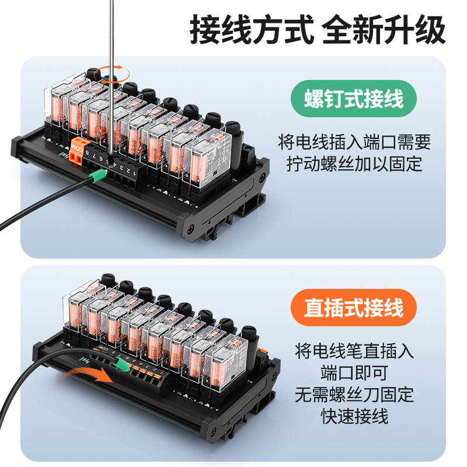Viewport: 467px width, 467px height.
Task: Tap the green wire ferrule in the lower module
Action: pos(121,365)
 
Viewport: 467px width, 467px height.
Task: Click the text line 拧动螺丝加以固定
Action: pos(354,164)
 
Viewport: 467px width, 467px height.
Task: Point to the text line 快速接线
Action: pos(354,416)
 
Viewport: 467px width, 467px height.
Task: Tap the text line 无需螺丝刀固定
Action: pos(354,394)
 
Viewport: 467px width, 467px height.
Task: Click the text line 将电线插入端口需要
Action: pos(354,142)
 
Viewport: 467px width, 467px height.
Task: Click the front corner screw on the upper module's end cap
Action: pos(191,226)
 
